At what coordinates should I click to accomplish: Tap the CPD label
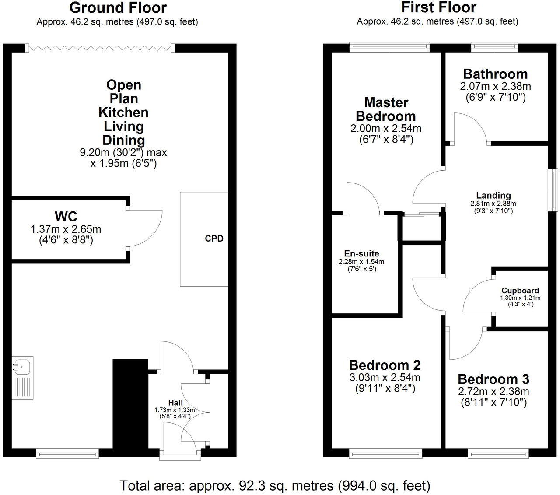pyautogui.click(x=214, y=239)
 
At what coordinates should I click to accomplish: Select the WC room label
pyautogui.click(x=66, y=216)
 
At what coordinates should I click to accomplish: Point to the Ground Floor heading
pyautogui.click(x=118, y=8)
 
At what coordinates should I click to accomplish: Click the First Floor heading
pyautogui.click(x=438, y=8)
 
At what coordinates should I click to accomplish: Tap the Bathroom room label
pyautogui.click(x=495, y=74)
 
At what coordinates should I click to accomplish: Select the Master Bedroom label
pyautogui.click(x=386, y=109)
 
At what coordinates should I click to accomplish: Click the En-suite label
pyautogui.click(x=362, y=253)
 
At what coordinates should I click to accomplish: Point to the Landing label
pyautogui.click(x=493, y=196)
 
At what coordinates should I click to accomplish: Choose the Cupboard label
pyautogui.click(x=520, y=291)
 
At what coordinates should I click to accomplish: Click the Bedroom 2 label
pyautogui.click(x=385, y=365)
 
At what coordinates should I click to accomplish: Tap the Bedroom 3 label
pyautogui.click(x=493, y=379)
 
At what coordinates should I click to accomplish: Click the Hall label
pyautogui.click(x=175, y=403)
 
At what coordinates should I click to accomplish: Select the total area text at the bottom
pyautogui.click(x=275, y=485)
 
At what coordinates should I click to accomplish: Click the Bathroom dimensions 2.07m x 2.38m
pyautogui.click(x=495, y=86)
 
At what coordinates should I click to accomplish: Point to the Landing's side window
pyautogui.click(x=554, y=191)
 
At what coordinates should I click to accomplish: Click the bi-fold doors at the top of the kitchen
pyautogui.click(x=100, y=47)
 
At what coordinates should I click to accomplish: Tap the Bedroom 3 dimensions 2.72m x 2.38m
pyautogui.click(x=493, y=391)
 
